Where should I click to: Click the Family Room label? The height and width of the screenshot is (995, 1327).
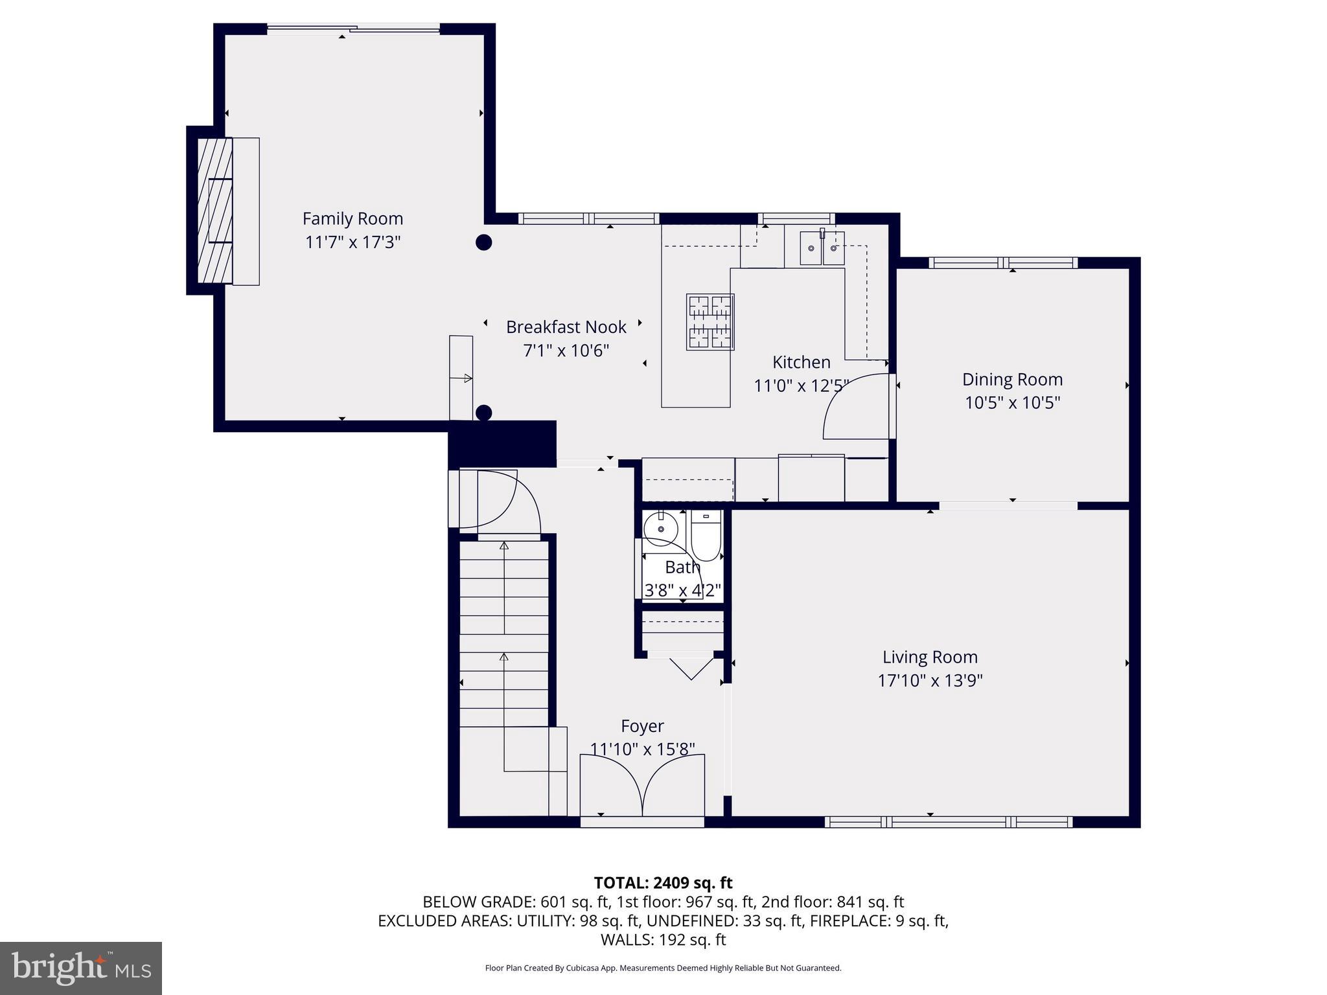coord(352,219)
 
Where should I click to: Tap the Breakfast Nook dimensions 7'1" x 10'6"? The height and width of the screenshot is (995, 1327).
coord(566,350)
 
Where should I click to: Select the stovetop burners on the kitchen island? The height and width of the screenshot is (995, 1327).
coord(710,322)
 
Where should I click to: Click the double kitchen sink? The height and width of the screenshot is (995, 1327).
coord(822,248)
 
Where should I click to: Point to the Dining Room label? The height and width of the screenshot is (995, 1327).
coord(1012,380)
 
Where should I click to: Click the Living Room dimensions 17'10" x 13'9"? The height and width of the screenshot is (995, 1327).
coord(930,681)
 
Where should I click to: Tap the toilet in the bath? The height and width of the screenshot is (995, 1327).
coord(706,536)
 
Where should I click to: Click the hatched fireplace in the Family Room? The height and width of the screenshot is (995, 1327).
coord(214,211)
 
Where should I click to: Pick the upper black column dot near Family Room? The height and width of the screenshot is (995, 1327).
coord(484,242)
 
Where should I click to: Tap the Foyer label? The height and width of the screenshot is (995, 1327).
coord(642,726)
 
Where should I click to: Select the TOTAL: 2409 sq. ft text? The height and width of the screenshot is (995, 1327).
coord(663,883)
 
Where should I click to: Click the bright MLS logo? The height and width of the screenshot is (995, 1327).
coord(81,968)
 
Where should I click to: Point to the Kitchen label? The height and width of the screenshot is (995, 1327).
coord(801,362)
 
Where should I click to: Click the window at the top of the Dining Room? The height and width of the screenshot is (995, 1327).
coord(1003,263)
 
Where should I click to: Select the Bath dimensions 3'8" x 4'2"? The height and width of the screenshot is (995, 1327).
coord(682,591)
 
